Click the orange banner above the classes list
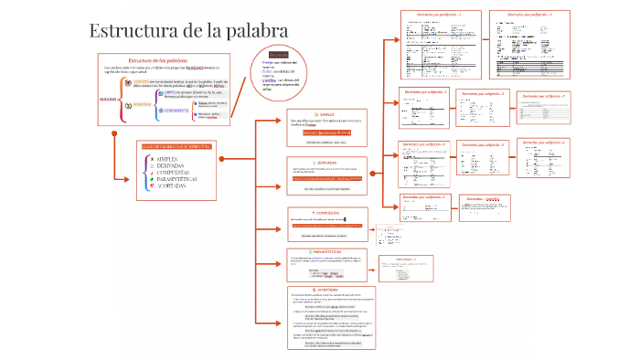(x=177, y=145)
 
